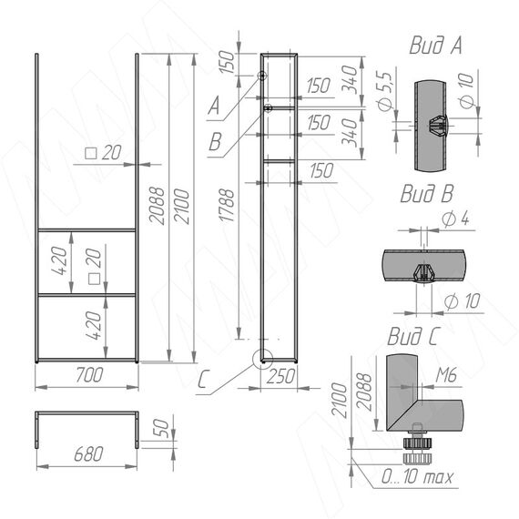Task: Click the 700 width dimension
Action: point(89,375)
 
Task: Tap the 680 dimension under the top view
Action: point(88,453)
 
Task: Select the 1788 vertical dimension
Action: point(227,205)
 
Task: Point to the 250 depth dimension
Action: point(280,377)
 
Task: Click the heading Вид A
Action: point(435,45)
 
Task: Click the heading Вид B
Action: point(427,193)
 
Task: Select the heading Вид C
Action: point(412,336)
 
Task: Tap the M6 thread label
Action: point(446,375)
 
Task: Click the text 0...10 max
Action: point(417,477)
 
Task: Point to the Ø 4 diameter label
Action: point(455,219)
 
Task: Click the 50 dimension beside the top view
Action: point(162,428)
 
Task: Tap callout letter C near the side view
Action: point(202,380)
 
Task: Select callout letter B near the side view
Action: point(215,141)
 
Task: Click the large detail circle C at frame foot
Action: point(262,359)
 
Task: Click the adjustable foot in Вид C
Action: point(417,446)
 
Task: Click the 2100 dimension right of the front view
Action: point(182,206)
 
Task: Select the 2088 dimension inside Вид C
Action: point(364,392)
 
